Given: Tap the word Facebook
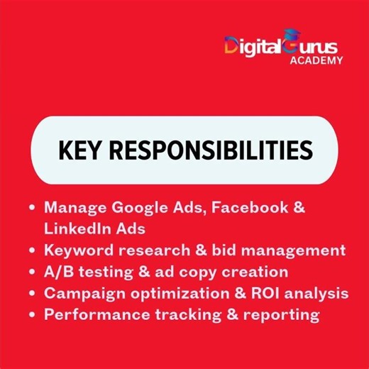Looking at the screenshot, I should (x=251, y=208).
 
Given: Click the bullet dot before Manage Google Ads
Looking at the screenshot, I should (x=32, y=209).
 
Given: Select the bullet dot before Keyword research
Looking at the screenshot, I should (x=32, y=250).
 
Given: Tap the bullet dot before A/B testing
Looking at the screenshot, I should (x=32, y=272).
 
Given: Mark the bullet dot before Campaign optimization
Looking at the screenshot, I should (x=32, y=293).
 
